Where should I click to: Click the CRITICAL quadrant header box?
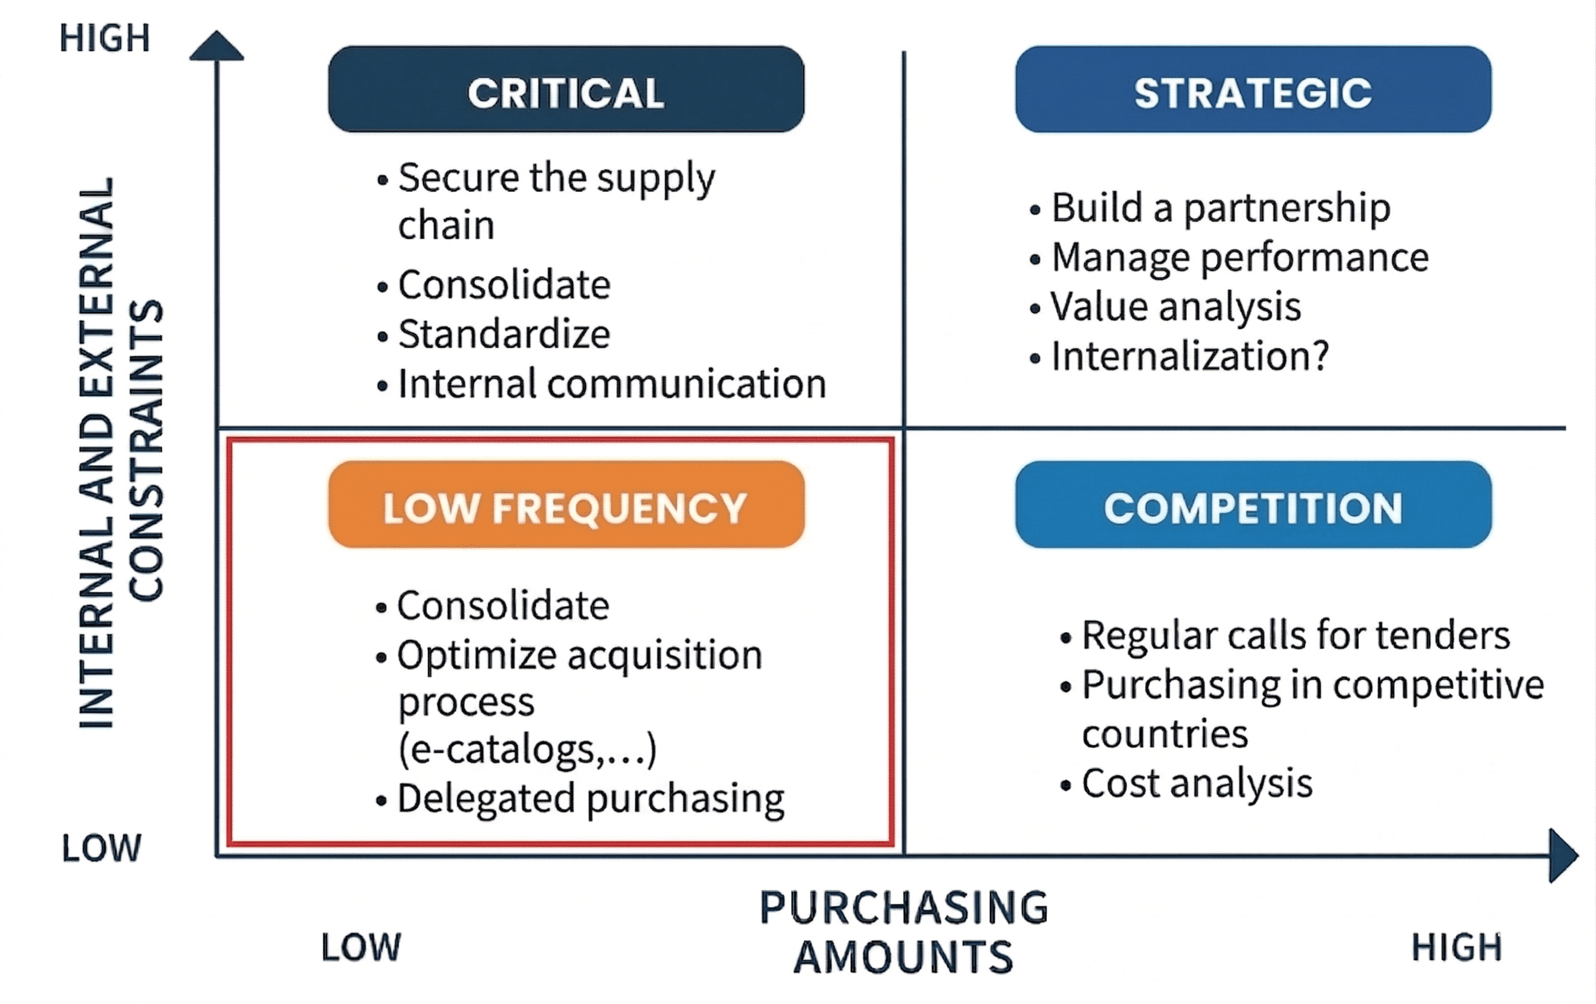(x=566, y=90)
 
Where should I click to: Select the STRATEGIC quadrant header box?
(x=1253, y=90)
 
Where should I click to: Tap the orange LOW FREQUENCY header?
(x=566, y=504)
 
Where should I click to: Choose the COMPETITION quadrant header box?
(x=1253, y=504)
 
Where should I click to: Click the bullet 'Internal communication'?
(x=611, y=384)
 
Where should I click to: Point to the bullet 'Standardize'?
(x=504, y=333)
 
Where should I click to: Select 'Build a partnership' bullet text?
(x=1220, y=208)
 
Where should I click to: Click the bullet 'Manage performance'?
(x=1239, y=257)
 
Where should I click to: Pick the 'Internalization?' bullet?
(x=1190, y=356)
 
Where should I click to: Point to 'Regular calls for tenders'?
(x=1296, y=635)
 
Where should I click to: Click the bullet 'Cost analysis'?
(x=1197, y=784)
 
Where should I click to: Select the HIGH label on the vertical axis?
(x=105, y=38)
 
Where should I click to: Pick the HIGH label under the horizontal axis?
(x=1456, y=947)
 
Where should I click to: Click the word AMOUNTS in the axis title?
(x=903, y=957)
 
